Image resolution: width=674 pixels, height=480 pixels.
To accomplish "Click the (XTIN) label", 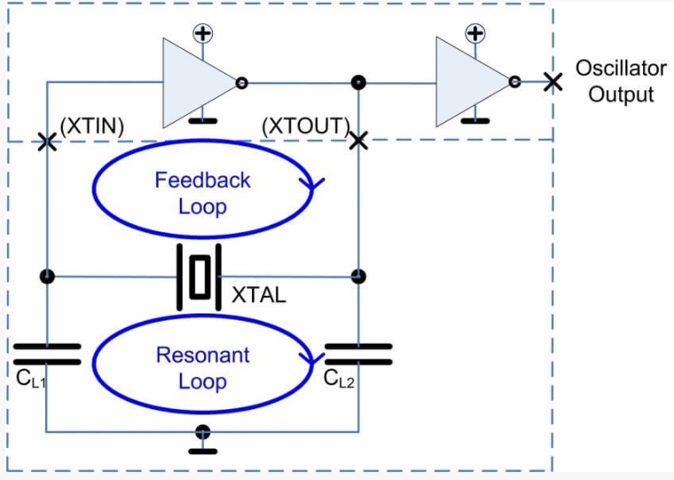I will [x=91, y=127].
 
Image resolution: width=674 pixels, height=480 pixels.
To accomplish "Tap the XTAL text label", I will [x=259, y=296].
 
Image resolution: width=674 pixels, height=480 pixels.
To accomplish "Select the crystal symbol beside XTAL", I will [x=202, y=276].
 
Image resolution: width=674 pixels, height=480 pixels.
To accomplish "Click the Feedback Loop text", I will [x=202, y=193].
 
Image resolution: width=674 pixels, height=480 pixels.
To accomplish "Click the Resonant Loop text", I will [x=202, y=368].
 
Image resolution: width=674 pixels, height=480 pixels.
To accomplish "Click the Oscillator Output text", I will [x=621, y=81].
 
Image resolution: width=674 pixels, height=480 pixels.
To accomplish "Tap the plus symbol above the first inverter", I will [x=204, y=34].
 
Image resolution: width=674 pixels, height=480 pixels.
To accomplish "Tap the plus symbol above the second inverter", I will [x=476, y=34].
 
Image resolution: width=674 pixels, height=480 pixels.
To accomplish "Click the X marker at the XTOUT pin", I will [x=358, y=141].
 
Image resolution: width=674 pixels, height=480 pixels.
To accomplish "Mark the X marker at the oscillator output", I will [x=553, y=82].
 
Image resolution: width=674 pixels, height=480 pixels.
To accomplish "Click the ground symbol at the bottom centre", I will [x=204, y=438].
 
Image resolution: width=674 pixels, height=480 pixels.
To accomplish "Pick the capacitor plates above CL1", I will [x=47, y=354].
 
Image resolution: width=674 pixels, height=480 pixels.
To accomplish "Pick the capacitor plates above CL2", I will [x=359, y=354].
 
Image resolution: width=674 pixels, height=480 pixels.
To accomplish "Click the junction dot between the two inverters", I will [x=358, y=83].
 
